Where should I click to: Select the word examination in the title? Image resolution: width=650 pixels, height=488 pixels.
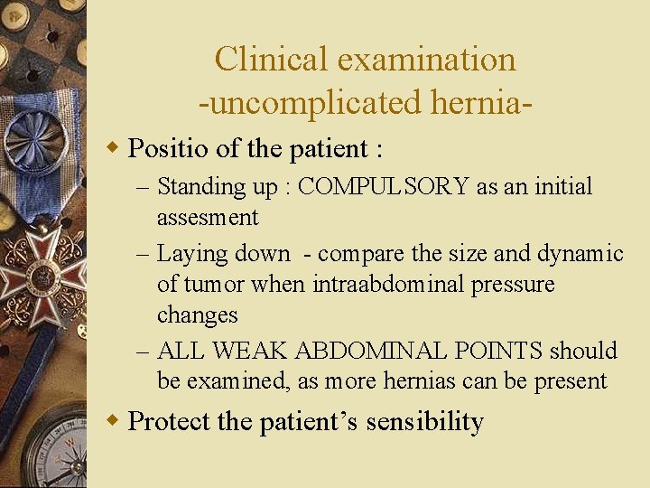426,60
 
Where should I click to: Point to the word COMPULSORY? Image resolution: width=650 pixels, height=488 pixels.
384,187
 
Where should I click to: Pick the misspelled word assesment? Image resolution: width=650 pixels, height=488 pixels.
208,218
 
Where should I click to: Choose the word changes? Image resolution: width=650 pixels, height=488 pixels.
197,314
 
